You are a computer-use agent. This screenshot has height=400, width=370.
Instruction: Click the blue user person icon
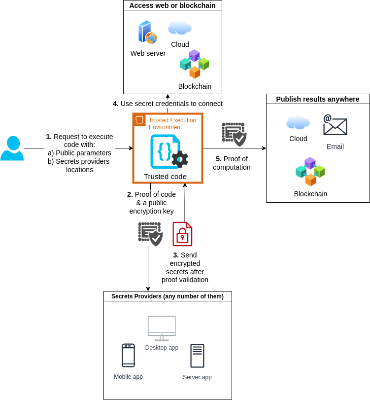coord(12,148)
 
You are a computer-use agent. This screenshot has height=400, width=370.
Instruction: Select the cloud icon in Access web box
coord(180,28)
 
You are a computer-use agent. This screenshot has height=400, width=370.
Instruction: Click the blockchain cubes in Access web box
coord(195,64)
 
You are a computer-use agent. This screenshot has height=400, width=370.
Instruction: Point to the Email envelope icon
coord(335,125)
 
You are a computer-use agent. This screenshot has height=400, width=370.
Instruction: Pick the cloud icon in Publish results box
coord(298,122)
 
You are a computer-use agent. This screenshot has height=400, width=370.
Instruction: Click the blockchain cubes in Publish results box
coord(310,172)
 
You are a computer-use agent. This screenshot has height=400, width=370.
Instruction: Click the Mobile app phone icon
coord(128,355)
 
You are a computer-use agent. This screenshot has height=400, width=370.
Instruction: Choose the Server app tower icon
coord(197,356)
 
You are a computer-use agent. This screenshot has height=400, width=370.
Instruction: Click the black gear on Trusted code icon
coord(179,159)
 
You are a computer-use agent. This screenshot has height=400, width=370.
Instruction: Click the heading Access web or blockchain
coord(172,5)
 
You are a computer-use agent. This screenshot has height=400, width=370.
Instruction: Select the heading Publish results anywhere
coord(318,99)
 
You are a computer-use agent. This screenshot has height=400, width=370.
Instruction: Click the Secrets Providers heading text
coord(168,296)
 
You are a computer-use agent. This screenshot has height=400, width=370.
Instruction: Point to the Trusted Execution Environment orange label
coord(172,123)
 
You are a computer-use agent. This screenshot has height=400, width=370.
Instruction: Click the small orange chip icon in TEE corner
coord(139,119)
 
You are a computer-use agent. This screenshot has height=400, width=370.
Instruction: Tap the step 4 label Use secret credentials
coord(168,104)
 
